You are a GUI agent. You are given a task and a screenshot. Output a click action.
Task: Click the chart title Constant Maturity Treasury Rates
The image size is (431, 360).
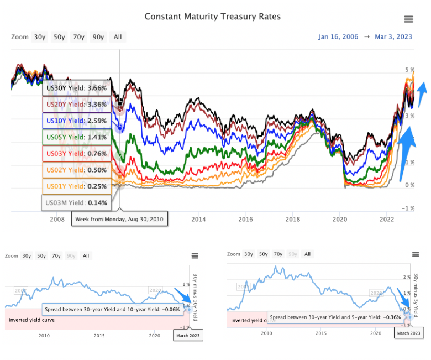213,17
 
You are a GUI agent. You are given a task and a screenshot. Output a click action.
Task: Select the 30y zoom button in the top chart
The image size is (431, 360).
40,37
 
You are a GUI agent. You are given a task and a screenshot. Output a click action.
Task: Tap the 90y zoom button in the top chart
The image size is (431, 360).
98,37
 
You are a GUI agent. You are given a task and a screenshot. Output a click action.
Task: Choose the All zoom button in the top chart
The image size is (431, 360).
118,37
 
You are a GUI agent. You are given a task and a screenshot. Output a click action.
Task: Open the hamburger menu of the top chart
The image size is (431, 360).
408,19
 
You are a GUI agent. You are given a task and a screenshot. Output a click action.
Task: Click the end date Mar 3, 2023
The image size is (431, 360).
393,37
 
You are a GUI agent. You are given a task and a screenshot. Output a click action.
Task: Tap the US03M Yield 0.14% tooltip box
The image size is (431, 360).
77,203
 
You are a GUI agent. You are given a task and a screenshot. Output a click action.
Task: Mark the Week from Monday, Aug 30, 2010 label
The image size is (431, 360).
119,220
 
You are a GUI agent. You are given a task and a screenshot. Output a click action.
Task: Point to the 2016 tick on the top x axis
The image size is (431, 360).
246,220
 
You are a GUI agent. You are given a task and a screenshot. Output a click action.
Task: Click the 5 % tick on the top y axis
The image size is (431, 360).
409,70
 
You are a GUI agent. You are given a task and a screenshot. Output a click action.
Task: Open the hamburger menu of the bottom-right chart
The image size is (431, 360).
416,254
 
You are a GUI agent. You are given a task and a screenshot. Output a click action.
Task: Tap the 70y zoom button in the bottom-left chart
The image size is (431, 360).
56,256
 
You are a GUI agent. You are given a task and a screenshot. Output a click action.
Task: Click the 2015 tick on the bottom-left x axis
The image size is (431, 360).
99,335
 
